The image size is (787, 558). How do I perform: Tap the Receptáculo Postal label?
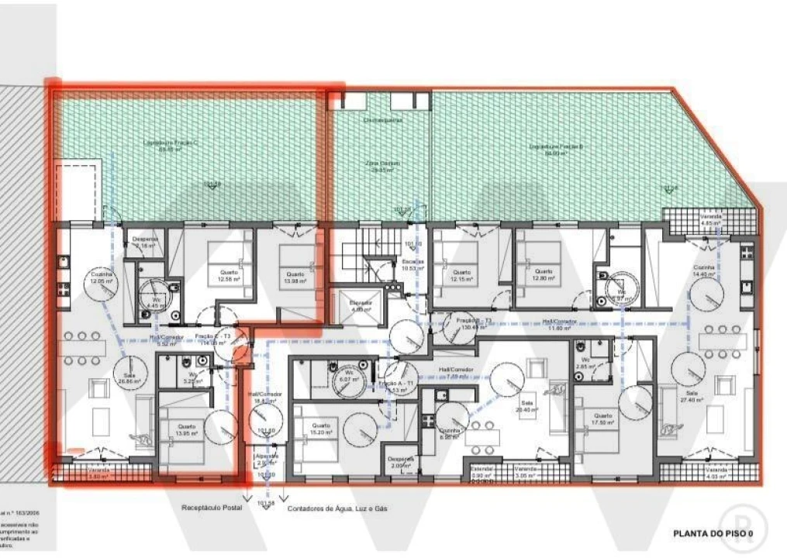212,508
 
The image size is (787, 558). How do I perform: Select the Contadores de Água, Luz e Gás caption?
337,509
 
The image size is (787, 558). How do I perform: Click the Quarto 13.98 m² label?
294,277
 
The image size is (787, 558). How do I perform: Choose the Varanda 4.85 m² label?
711,220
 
